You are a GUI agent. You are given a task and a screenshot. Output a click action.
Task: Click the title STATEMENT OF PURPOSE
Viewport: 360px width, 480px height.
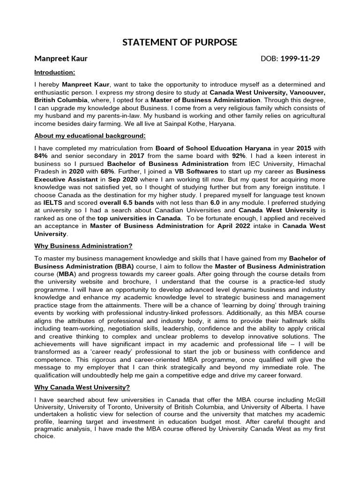pos(180,43)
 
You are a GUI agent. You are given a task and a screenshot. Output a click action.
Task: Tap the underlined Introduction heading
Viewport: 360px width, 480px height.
pos(54,73)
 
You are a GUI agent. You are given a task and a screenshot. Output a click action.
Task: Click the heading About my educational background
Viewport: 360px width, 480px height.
pos(90,136)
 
